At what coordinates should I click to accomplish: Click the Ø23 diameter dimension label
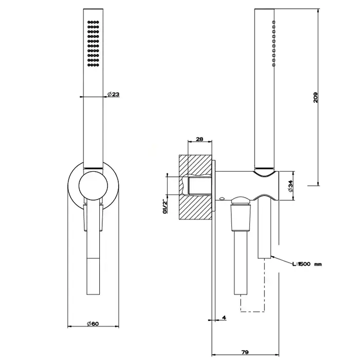pos(114,94)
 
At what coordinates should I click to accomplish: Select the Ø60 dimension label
pos(93,323)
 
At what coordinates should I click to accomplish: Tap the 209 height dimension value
pos(315,97)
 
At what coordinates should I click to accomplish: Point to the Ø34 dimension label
pos(291,186)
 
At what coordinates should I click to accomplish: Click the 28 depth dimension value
pos(200,139)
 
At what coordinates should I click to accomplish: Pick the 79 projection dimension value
pos(245,352)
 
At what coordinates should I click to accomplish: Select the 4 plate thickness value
pos(224,317)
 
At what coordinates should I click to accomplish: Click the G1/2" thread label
pos(165,207)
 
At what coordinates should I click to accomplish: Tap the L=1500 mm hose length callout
pos(307,264)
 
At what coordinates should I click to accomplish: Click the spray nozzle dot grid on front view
pos(93,44)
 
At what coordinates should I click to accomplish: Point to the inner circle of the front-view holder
pos(93,186)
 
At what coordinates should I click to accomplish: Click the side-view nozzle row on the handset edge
pos(274,43)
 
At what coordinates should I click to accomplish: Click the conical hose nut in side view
pos(241,218)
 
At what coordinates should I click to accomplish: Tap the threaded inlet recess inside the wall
pos(200,186)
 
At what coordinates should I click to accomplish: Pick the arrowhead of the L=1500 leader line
pos(272,256)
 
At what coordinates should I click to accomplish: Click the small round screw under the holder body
pos(222,199)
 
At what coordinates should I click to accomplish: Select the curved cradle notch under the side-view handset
pos(264,174)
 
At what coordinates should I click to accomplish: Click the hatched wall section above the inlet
pos(195,166)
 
